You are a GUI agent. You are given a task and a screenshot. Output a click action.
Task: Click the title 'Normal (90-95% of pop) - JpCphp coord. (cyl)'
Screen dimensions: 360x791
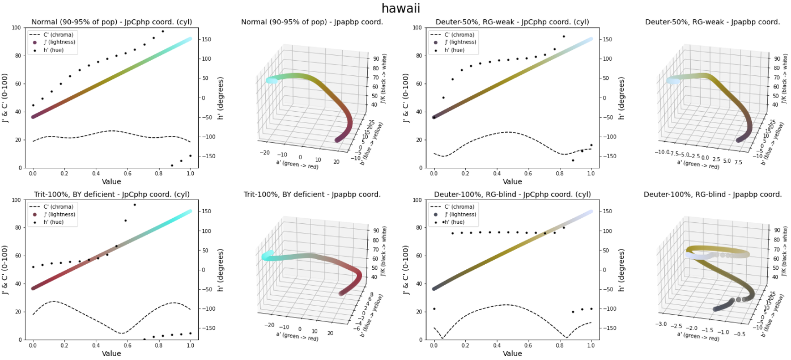112,22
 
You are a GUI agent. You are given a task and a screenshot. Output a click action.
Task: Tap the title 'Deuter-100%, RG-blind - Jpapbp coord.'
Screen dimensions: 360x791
713,194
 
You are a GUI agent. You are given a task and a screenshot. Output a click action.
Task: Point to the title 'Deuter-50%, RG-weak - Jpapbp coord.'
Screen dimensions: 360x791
713,22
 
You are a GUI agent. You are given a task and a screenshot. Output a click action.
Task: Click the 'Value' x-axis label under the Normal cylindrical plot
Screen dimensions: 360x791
111,181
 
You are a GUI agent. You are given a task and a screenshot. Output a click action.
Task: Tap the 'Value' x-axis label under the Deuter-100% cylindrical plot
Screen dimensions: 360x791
512,354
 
